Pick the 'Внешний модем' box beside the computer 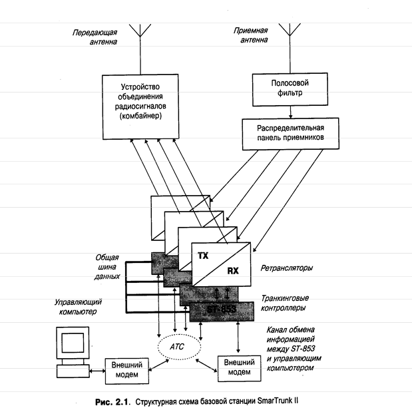coord(126,369)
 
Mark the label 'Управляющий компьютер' coord(79,306)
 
